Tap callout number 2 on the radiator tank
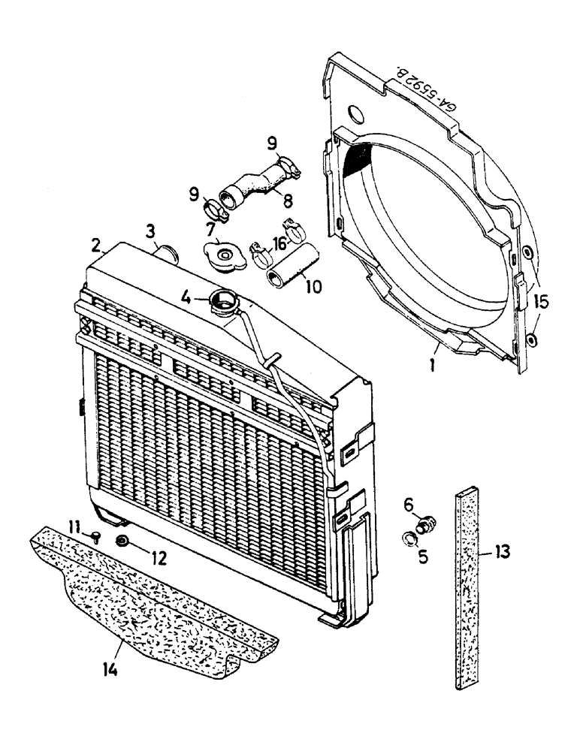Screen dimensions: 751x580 pos(95,245)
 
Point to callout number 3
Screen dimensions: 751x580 pos(151,228)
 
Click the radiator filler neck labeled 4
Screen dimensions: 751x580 pos(224,303)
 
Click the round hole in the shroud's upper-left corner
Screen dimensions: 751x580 pos(355,113)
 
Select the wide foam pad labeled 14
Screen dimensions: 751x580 pos(150,601)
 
